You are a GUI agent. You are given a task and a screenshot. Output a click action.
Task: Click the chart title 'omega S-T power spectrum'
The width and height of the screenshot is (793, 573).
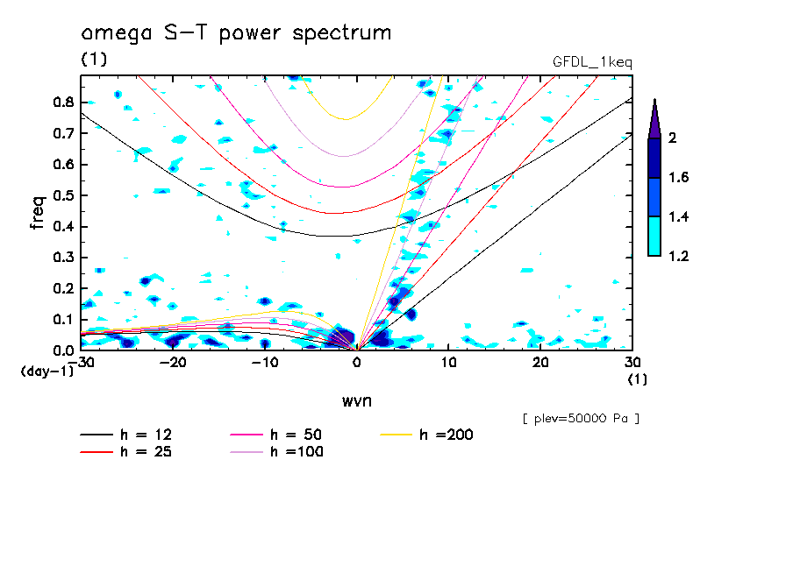click(235, 34)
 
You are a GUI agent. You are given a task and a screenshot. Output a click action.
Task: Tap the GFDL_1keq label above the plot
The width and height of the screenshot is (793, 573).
click(592, 62)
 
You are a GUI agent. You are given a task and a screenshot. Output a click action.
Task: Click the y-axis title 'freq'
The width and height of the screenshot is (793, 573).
click(38, 213)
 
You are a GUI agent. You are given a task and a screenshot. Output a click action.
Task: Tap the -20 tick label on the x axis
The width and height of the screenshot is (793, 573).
click(173, 363)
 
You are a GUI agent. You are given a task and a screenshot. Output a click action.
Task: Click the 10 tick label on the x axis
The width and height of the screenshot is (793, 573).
click(448, 363)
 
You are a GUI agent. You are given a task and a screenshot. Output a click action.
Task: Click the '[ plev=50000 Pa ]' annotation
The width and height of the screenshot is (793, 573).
click(581, 419)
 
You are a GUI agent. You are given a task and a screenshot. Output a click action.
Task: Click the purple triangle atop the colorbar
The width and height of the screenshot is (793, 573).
click(654, 118)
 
